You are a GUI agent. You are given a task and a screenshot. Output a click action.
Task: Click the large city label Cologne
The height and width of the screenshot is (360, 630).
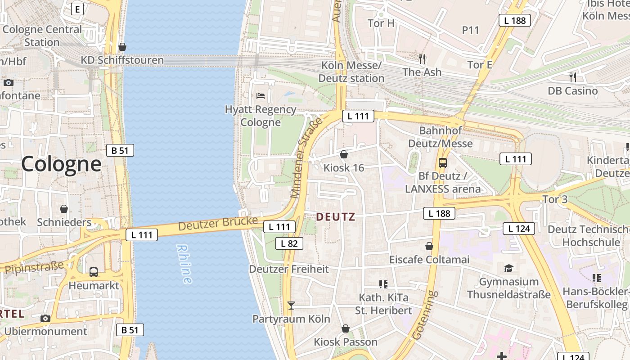[x=61, y=164]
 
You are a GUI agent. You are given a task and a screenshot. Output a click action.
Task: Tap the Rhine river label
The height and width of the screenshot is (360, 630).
[x=184, y=264]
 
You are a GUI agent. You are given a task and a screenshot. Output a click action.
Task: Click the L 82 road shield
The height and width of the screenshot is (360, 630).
[x=289, y=243]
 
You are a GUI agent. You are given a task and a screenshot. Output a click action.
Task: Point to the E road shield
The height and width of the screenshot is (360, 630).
[x=78, y=9]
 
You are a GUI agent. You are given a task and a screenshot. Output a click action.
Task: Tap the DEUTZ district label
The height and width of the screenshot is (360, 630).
[x=335, y=217]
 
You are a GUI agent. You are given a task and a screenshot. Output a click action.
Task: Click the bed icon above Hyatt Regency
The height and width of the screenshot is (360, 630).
[x=261, y=95]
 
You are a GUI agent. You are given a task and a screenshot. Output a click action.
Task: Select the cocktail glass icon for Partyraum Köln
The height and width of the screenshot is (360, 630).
[x=291, y=306]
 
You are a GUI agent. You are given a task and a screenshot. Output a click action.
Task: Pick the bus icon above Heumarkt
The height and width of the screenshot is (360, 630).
[x=94, y=272]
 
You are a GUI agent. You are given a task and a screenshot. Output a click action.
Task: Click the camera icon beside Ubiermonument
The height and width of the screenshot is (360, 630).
[x=45, y=319]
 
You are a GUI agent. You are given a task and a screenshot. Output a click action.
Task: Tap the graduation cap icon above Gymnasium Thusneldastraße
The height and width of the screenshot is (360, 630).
[x=508, y=269]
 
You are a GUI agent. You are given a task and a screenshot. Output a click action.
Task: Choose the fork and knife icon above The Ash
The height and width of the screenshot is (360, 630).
[x=422, y=58]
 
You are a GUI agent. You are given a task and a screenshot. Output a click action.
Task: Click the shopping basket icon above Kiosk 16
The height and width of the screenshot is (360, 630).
[x=344, y=154]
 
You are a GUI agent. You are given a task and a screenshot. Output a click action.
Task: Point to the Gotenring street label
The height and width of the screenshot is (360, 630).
[x=424, y=315]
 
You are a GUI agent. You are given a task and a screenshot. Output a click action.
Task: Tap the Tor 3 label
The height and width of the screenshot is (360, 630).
[x=555, y=199]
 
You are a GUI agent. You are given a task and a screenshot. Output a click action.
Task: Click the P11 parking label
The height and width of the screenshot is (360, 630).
[x=471, y=30]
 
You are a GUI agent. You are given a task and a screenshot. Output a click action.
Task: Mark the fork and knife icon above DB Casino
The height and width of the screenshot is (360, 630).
[x=572, y=77]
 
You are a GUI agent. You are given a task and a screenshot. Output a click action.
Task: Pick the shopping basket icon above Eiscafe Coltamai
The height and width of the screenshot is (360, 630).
[x=429, y=246]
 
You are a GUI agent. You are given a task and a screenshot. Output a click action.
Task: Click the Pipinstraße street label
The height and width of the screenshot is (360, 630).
[x=34, y=267]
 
